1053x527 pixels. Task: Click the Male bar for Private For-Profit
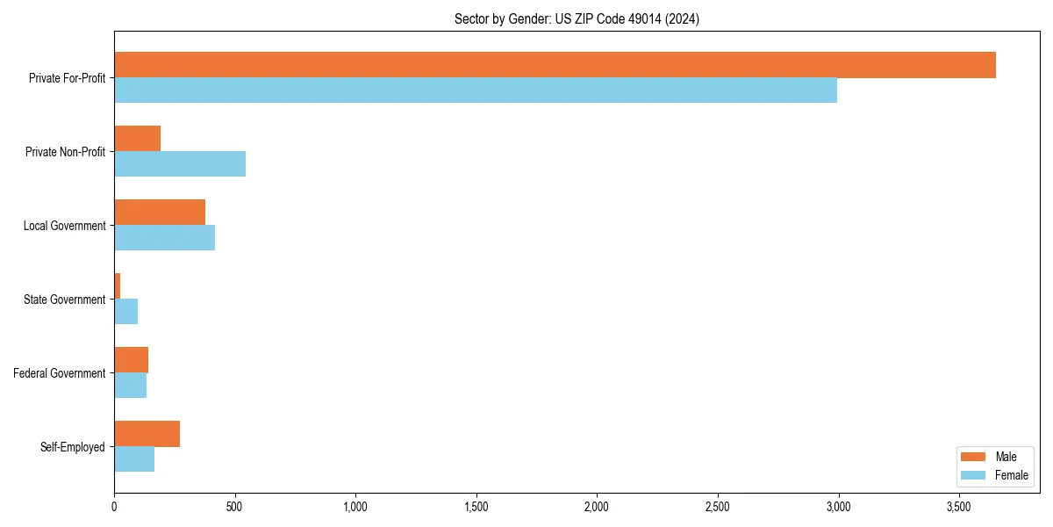click(x=555, y=65)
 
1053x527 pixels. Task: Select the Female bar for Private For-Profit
click(x=476, y=90)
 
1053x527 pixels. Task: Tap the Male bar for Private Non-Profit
click(x=138, y=139)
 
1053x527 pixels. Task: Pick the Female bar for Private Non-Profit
click(x=180, y=164)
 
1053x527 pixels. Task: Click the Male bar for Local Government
click(x=160, y=213)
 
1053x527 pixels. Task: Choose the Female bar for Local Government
click(x=165, y=238)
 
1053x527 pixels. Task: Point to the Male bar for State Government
click(x=118, y=286)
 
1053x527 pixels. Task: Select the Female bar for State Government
click(x=126, y=312)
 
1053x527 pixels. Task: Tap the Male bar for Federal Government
click(x=132, y=360)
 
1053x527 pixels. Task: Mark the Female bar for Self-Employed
click(x=134, y=459)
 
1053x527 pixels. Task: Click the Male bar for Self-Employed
click(x=147, y=434)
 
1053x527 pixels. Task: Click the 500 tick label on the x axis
click(x=234, y=507)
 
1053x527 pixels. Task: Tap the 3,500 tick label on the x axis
click(x=959, y=507)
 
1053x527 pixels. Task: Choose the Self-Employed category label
click(x=73, y=447)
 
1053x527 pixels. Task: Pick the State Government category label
click(x=65, y=300)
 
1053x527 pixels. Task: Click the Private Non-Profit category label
click(x=66, y=152)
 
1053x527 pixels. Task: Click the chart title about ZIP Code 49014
click(x=577, y=18)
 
